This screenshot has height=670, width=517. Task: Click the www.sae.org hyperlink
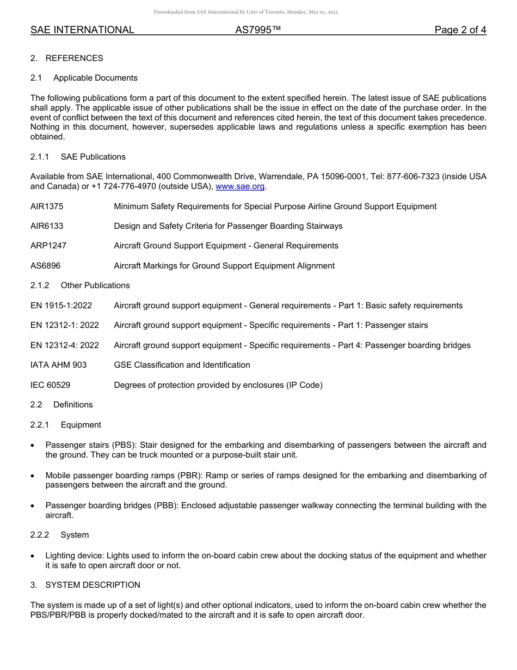tap(240, 186)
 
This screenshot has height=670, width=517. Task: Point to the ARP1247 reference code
tap(48, 246)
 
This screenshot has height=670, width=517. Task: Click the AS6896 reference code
tap(45, 266)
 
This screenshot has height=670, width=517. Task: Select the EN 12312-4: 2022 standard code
tap(65, 345)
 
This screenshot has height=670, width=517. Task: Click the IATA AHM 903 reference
tap(58, 365)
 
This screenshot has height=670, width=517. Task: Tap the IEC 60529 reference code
tap(50, 385)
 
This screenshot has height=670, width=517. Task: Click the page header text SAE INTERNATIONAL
tap(82, 30)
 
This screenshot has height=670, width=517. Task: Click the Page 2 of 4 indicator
tap(460, 30)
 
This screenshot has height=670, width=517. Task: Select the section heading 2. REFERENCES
tap(66, 58)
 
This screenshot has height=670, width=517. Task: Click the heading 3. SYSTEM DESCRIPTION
tap(85, 585)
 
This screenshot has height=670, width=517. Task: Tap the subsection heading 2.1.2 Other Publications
tap(80, 285)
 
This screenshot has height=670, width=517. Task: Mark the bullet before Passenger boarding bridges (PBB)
tap(33, 506)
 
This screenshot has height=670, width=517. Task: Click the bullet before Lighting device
tap(33, 556)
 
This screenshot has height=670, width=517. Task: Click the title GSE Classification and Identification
tap(182, 365)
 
